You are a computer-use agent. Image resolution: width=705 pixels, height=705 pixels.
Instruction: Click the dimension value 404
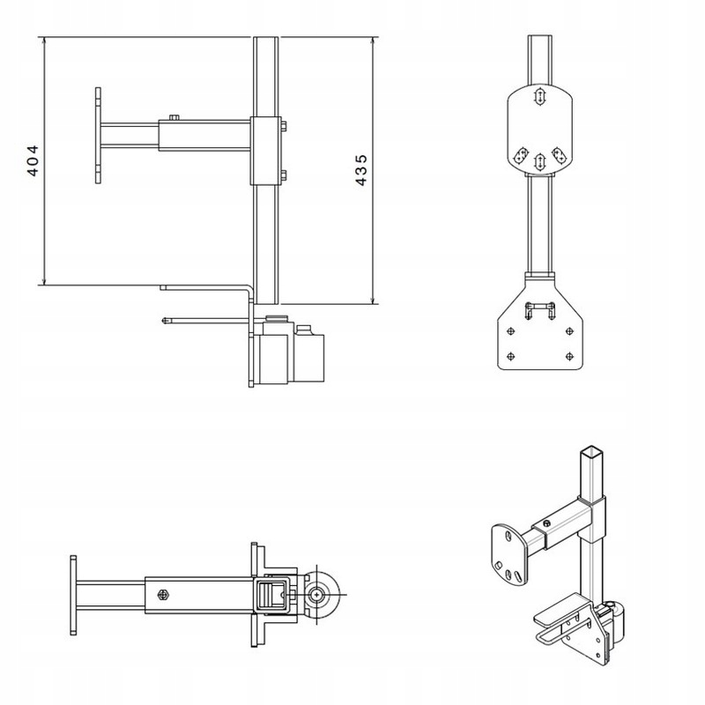tap(33, 160)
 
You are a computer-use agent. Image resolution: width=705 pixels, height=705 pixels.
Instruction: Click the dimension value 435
tap(361, 170)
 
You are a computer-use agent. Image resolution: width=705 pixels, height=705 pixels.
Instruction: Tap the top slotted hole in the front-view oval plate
tap(539, 96)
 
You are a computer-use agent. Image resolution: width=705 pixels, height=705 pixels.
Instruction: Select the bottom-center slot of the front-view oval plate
tap(539, 162)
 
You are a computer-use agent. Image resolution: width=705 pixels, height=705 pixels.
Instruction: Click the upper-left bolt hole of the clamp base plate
tap(510, 331)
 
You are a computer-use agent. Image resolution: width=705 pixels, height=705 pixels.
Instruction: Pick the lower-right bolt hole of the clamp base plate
tap(569, 357)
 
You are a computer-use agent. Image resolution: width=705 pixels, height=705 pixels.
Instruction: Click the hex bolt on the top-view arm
tap(163, 595)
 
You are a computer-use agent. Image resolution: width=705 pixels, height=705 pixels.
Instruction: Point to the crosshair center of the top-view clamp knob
tap(318, 594)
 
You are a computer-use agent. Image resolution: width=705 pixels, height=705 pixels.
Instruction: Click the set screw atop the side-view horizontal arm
tap(174, 117)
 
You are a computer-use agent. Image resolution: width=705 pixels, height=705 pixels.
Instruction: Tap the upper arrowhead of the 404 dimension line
tap(44, 41)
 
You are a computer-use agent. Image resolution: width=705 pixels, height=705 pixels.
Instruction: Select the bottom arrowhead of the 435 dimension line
tap(373, 299)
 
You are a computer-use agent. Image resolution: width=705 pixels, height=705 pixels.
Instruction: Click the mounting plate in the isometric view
tap(509, 554)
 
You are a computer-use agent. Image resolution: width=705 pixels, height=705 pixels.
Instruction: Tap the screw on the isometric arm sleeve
tap(546, 523)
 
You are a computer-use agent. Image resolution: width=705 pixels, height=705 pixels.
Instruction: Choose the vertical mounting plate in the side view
tap(98, 136)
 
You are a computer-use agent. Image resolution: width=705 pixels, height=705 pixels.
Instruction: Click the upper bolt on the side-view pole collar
tap(284, 125)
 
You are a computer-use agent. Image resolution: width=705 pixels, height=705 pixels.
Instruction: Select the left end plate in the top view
tap(73, 595)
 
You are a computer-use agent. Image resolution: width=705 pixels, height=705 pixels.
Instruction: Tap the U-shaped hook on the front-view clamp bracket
tap(540, 310)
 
